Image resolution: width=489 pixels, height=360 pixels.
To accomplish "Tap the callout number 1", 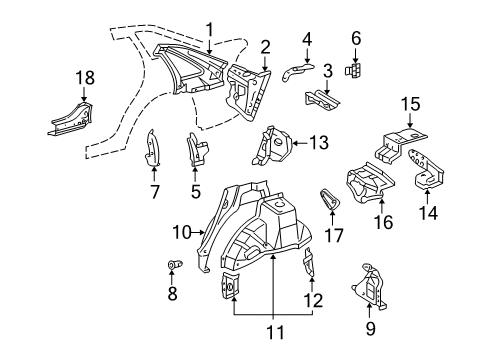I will tap(209, 28).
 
